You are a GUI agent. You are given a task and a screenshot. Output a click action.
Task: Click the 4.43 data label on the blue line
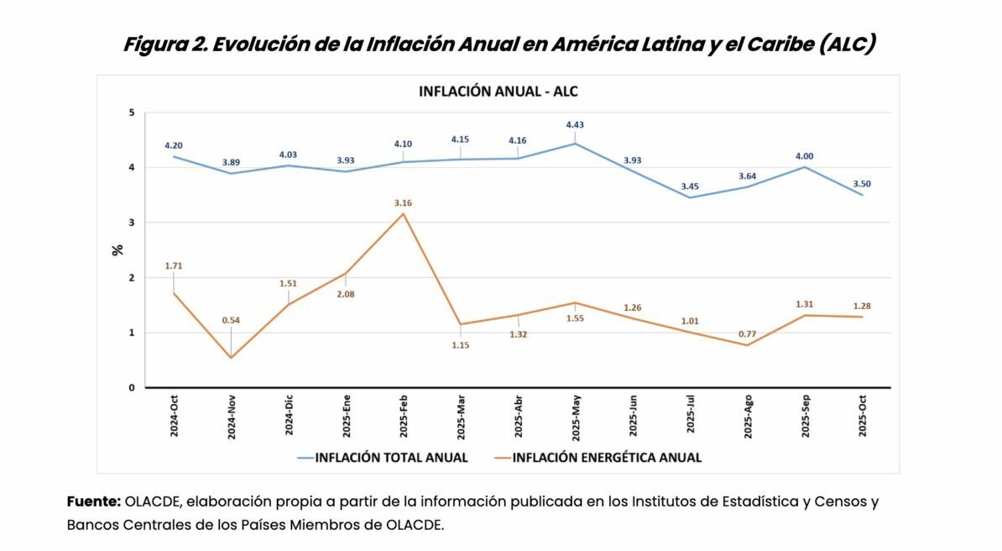(575, 125)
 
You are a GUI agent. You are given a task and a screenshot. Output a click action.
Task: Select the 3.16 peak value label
(403, 203)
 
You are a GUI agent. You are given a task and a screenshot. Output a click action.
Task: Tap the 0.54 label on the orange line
(231, 320)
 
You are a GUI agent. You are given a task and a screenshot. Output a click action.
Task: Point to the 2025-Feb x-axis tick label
(403, 416)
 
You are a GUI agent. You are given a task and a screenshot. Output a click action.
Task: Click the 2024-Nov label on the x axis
(232, 417)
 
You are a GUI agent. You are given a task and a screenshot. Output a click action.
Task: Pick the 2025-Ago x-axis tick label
(748, 416)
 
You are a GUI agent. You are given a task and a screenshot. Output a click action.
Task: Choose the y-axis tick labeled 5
(132, 113)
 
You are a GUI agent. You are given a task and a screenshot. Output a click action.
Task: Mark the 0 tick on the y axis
(132, 387)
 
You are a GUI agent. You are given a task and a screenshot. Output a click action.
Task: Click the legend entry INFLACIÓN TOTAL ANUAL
(383, 458)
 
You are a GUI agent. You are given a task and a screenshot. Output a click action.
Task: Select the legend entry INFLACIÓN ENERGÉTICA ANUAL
(598, 458)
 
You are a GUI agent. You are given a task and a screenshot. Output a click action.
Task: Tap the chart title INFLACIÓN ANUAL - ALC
(498, 92)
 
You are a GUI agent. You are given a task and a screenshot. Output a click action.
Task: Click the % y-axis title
(117, 249)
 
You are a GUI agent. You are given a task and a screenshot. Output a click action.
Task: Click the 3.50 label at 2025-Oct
(861, 184)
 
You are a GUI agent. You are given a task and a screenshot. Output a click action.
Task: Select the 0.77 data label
(747, 333)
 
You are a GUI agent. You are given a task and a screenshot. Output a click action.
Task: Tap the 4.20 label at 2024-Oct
(173, 145)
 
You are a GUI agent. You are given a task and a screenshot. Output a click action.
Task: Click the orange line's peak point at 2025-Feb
(403, 213)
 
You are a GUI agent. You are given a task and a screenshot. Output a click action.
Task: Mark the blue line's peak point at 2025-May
(575, 144)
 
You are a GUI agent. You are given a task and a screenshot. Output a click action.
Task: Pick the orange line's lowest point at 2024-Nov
(232, 358)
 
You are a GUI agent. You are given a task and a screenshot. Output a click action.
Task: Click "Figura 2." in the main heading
(164, 45)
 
